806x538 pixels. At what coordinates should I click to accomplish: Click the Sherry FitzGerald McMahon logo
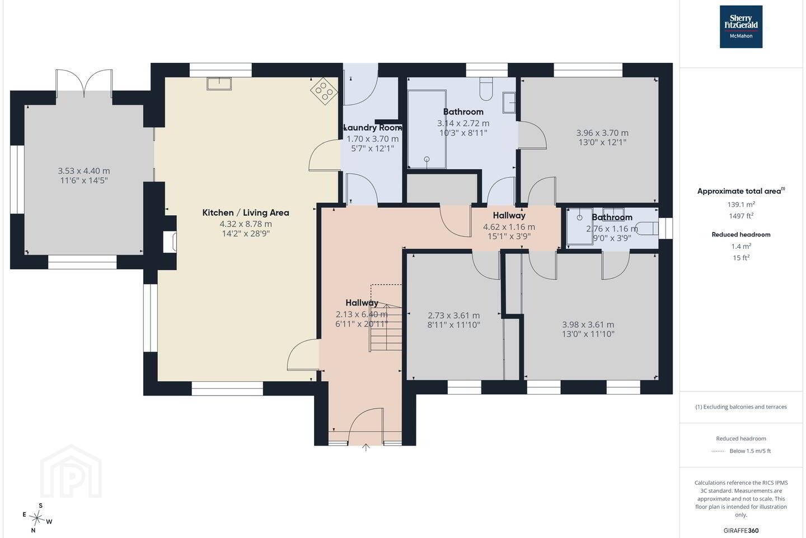tap(741, 27)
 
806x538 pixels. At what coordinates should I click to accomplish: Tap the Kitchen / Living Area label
tap(246, 212)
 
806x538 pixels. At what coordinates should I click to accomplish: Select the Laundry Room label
tap(373, 128)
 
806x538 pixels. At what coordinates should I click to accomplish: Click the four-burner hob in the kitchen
tap(324, 91)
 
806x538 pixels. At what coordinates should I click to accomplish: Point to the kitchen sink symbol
tap(219, 84)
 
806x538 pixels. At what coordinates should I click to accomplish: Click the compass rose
tap(37, 518)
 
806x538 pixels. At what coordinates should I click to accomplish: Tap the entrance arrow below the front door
tap(365, 447)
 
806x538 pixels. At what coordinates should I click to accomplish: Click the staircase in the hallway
tap(386, 318)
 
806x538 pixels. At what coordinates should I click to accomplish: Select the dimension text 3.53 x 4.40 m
tap(84, 171)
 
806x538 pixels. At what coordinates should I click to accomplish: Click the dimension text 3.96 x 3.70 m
tap(602, 133)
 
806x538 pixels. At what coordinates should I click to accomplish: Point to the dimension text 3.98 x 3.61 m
tap(588, 324)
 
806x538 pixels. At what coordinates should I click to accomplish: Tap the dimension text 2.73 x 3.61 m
tap(454, 316)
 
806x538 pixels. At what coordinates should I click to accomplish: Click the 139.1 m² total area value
tap(741, 205)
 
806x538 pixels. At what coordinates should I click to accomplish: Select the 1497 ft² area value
tap(741, 216)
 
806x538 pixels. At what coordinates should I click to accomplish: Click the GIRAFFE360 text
tap(741, 530)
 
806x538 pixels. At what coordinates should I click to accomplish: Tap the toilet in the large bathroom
tap(486, 89)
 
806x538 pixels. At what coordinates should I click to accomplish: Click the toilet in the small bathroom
tap(648, 229)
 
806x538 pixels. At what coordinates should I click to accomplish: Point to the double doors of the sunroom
tap(84, 84)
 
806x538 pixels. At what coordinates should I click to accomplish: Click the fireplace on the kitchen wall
tap(170, 242)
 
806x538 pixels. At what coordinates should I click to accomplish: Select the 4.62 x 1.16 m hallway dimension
tap(509, 227)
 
